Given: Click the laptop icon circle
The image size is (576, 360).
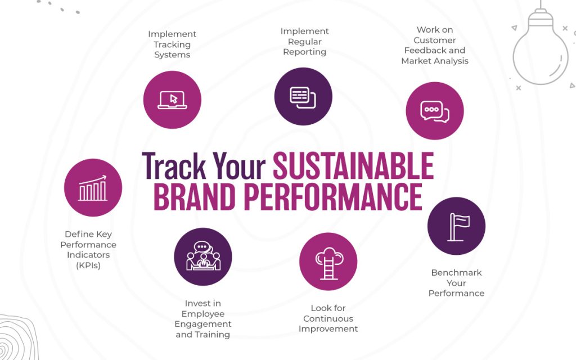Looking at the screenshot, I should [x=172, y=100].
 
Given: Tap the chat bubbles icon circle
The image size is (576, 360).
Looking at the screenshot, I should [x=435, y=111].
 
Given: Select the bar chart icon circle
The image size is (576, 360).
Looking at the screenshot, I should [x=93, y=188].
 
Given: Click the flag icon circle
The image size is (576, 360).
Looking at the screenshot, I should [x=456, y=226].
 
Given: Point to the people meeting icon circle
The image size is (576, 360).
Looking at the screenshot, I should [x=203, y=256].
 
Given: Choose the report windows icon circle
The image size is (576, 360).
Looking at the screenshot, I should [x=303, y=96].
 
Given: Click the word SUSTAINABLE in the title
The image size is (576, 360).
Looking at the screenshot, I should [x=353, y=165].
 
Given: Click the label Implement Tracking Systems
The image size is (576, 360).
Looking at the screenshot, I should [x=172, y=44].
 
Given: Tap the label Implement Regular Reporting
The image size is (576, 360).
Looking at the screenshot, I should [x=304, y=42].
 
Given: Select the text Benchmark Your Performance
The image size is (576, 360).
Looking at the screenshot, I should [x=456, y=282].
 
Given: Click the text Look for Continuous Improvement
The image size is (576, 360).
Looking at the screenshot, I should [x=328, y=318].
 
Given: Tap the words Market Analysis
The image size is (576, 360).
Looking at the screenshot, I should [x=435, y=61].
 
